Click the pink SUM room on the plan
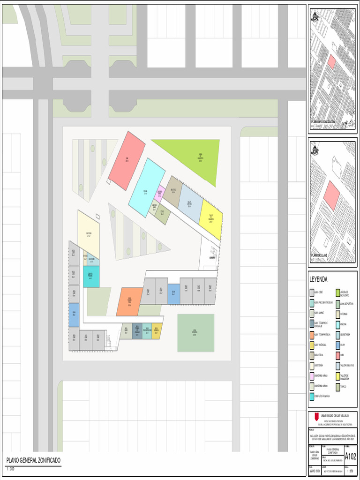point(127,160)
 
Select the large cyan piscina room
point(147,187)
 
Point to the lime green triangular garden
point(197,157)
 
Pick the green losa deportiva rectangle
point(195,333)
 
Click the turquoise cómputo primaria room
point(91,277)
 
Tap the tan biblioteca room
point(172,191)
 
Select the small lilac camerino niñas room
point(159,193)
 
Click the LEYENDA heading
point(319,279)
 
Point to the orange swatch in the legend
point(312,334)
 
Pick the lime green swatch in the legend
point(337,292)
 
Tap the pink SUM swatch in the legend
point(337,355)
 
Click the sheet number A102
point(350,457)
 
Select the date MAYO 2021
point(314,471)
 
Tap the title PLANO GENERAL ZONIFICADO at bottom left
point(33,461)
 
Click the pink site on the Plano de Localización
point(331,62)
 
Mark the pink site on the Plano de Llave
point(331,195)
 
